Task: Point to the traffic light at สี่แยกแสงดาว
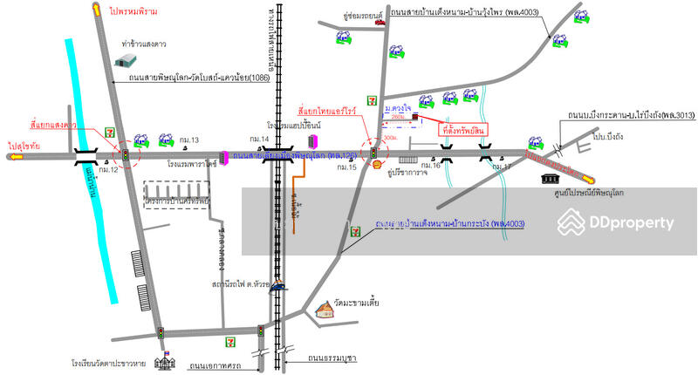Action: (126, 155)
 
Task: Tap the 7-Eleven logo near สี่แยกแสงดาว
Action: (111, 129)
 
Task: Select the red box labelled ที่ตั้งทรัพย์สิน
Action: (464, 128)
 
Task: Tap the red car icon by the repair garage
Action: (380, 23)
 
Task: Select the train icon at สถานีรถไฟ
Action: (277, 284)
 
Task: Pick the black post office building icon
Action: (551, 179)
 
